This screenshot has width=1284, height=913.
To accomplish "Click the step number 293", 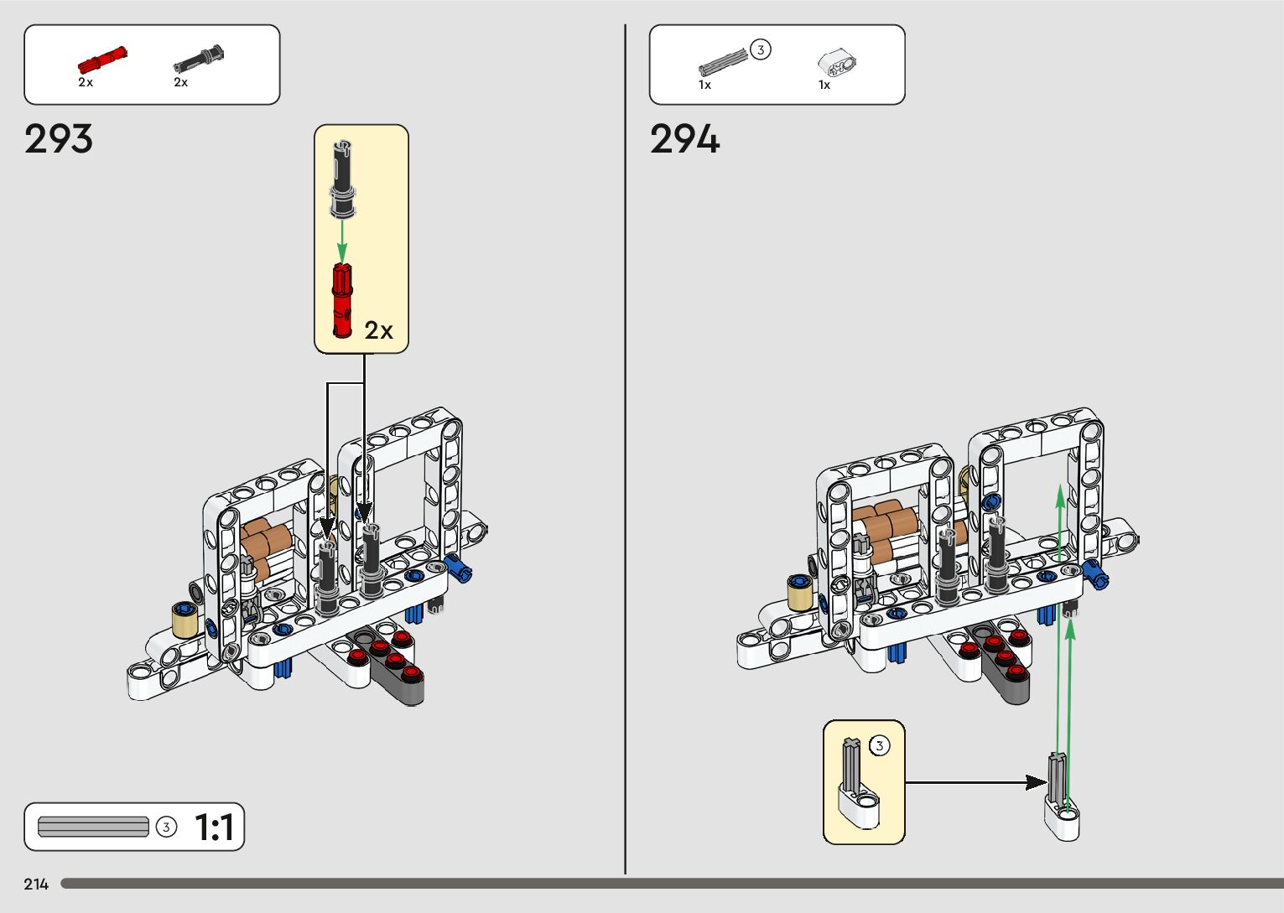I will click(x=59, y=139).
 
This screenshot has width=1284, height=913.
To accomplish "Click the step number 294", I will click(x=684, y=139).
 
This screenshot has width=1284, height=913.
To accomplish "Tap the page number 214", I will click(x=36, y=884).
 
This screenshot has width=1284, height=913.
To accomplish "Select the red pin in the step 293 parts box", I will click(x=101, y=61).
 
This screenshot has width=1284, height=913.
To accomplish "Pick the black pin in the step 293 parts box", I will click(x=199, y=60).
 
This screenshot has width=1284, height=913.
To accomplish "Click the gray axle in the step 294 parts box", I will click(x=722, y=63).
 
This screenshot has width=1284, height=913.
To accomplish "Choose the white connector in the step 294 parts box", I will click(x=837, y=63).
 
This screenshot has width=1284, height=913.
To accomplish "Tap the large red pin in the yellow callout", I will click(x=342, y=300).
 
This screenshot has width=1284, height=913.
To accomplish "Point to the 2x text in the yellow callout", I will click(x=379, y=331).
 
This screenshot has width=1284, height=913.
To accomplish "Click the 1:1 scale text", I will click(x=214, y=827).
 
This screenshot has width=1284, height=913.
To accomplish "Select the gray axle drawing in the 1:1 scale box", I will click(x=93, y=827).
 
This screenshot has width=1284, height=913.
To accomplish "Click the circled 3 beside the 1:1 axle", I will click(x=167, y=827).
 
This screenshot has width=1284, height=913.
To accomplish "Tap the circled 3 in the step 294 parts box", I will click(x=761, y=50).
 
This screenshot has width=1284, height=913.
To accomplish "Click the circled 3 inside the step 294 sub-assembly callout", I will click(x=879, y=745).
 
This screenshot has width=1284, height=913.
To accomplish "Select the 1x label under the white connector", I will click(x=824, y=85).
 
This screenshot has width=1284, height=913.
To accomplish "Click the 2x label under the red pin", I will click(x=86, y=82).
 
